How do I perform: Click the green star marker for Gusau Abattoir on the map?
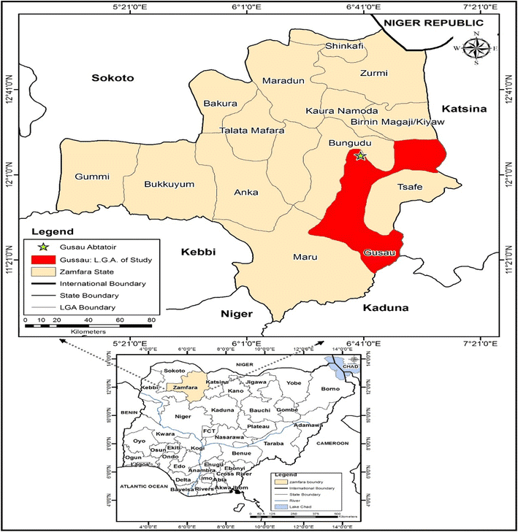[359, 155]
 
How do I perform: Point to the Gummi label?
[91, 177]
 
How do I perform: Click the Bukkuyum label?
[170, 184]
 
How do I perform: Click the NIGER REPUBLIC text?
[427, 23]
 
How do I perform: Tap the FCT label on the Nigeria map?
[207, 432]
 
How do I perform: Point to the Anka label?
[242, 193]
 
